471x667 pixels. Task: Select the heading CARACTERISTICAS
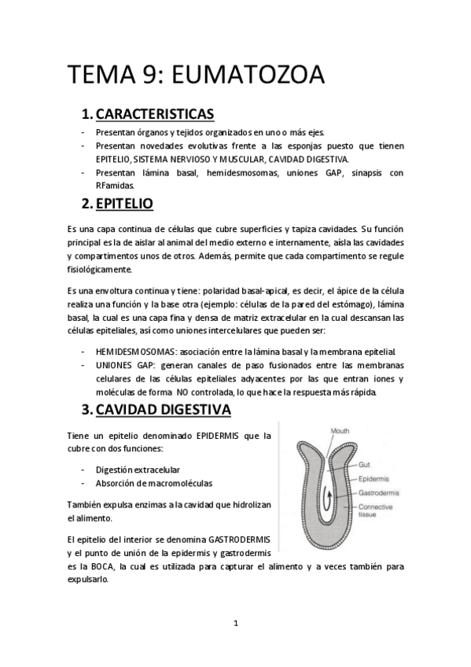154,115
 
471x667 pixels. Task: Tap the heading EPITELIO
123,205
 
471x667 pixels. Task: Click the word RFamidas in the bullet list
114,186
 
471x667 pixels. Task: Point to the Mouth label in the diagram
340,431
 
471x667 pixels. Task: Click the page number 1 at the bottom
235,623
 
